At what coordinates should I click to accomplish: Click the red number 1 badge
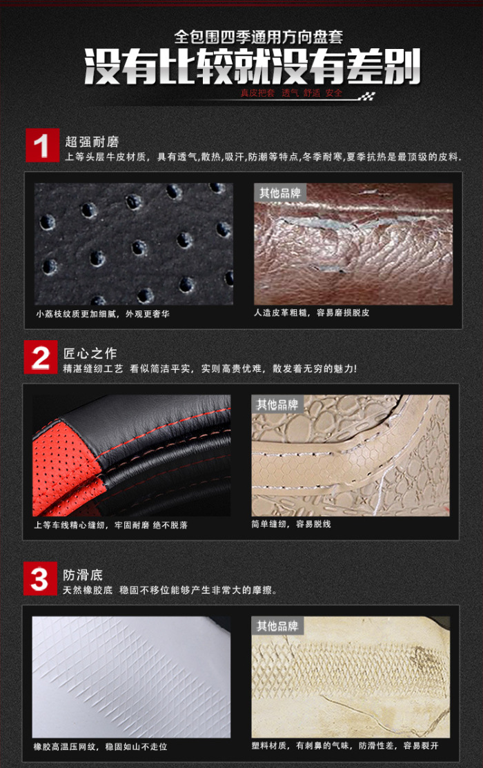point(42,145)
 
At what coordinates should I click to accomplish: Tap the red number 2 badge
point(41,357)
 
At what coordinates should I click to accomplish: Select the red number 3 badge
point(40,579)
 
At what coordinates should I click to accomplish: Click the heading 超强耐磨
point(92,142)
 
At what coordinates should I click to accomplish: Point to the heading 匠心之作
point(90,353)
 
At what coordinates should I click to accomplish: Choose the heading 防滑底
point(83,575)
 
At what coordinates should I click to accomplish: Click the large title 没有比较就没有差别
point(253,67)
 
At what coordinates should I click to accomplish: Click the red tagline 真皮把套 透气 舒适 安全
point(291,93)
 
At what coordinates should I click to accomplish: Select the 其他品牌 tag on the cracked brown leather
point(280,193)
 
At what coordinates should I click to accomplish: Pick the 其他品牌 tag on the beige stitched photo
point(277,404)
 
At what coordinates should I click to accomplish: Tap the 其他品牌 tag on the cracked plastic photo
point(277,626)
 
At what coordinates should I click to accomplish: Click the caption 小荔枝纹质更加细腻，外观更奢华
point(103,314)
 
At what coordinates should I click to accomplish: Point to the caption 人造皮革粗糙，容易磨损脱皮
point(312,313)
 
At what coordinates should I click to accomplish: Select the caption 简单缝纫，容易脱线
point(291,524)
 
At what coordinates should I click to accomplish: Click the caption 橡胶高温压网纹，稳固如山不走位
point(101,747)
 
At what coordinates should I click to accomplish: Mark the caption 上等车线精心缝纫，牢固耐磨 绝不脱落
point(110,525)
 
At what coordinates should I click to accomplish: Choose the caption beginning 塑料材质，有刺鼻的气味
point(345,745)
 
